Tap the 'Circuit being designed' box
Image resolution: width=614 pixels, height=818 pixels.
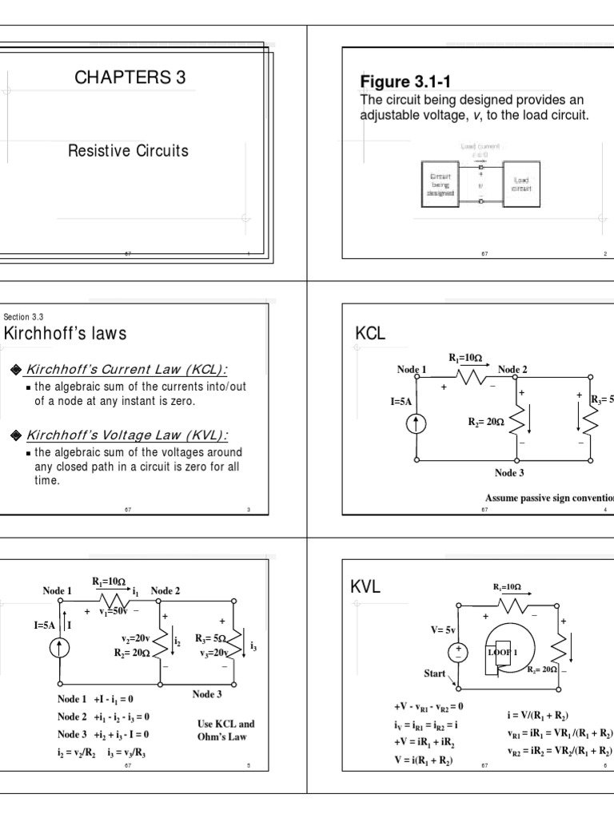tap(437, 184)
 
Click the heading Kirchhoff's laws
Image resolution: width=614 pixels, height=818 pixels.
tap(66, 334)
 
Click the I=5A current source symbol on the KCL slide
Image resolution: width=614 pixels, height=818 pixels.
tap(417, 423)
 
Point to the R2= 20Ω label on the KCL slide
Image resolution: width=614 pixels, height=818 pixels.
tap(486, 420)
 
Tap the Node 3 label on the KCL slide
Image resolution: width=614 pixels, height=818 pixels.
tap(509, 473)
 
